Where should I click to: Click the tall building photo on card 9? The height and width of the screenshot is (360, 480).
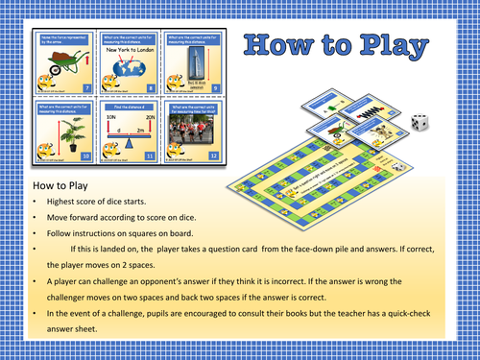tap(197, 60)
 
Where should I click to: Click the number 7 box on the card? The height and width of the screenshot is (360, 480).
tap(85, 87)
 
